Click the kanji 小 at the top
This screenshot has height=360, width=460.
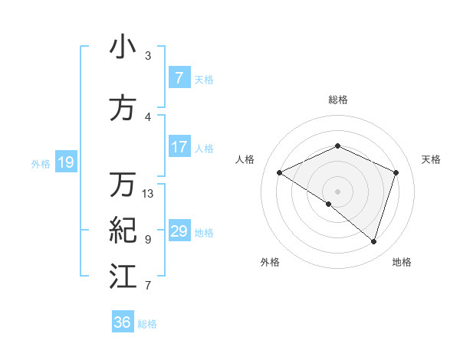tap(123, 47)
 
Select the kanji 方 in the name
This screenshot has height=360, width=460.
tap(123, 107)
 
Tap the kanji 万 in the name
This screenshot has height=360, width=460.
tap(123, 185)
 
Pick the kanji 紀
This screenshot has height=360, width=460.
tap(123, 230)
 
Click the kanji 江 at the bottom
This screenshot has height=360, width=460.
tap(123, 277)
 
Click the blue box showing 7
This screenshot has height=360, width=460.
tap(179, 78)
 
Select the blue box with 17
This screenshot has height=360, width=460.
tap(179, 147)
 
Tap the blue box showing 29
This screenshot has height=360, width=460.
tap(179, 231)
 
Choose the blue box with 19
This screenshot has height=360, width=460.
tap(65, 162)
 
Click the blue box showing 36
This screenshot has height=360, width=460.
tap(123, 322)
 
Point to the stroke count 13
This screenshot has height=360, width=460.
tap(148, 194)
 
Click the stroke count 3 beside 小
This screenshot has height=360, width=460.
tap(148, 56)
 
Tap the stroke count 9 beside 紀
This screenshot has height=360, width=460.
tap(148, 240)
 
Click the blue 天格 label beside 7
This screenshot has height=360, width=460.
tap(204, 79)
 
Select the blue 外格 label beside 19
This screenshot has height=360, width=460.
tap(41, 162)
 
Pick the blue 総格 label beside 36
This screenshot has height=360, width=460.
tap(147, 323)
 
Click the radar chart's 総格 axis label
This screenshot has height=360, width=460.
tap(337, 100)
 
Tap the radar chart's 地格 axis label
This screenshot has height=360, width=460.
tap(402, 262)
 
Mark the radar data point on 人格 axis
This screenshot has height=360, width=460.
tap(280, 173)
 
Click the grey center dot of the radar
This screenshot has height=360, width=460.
tap(337, 191)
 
